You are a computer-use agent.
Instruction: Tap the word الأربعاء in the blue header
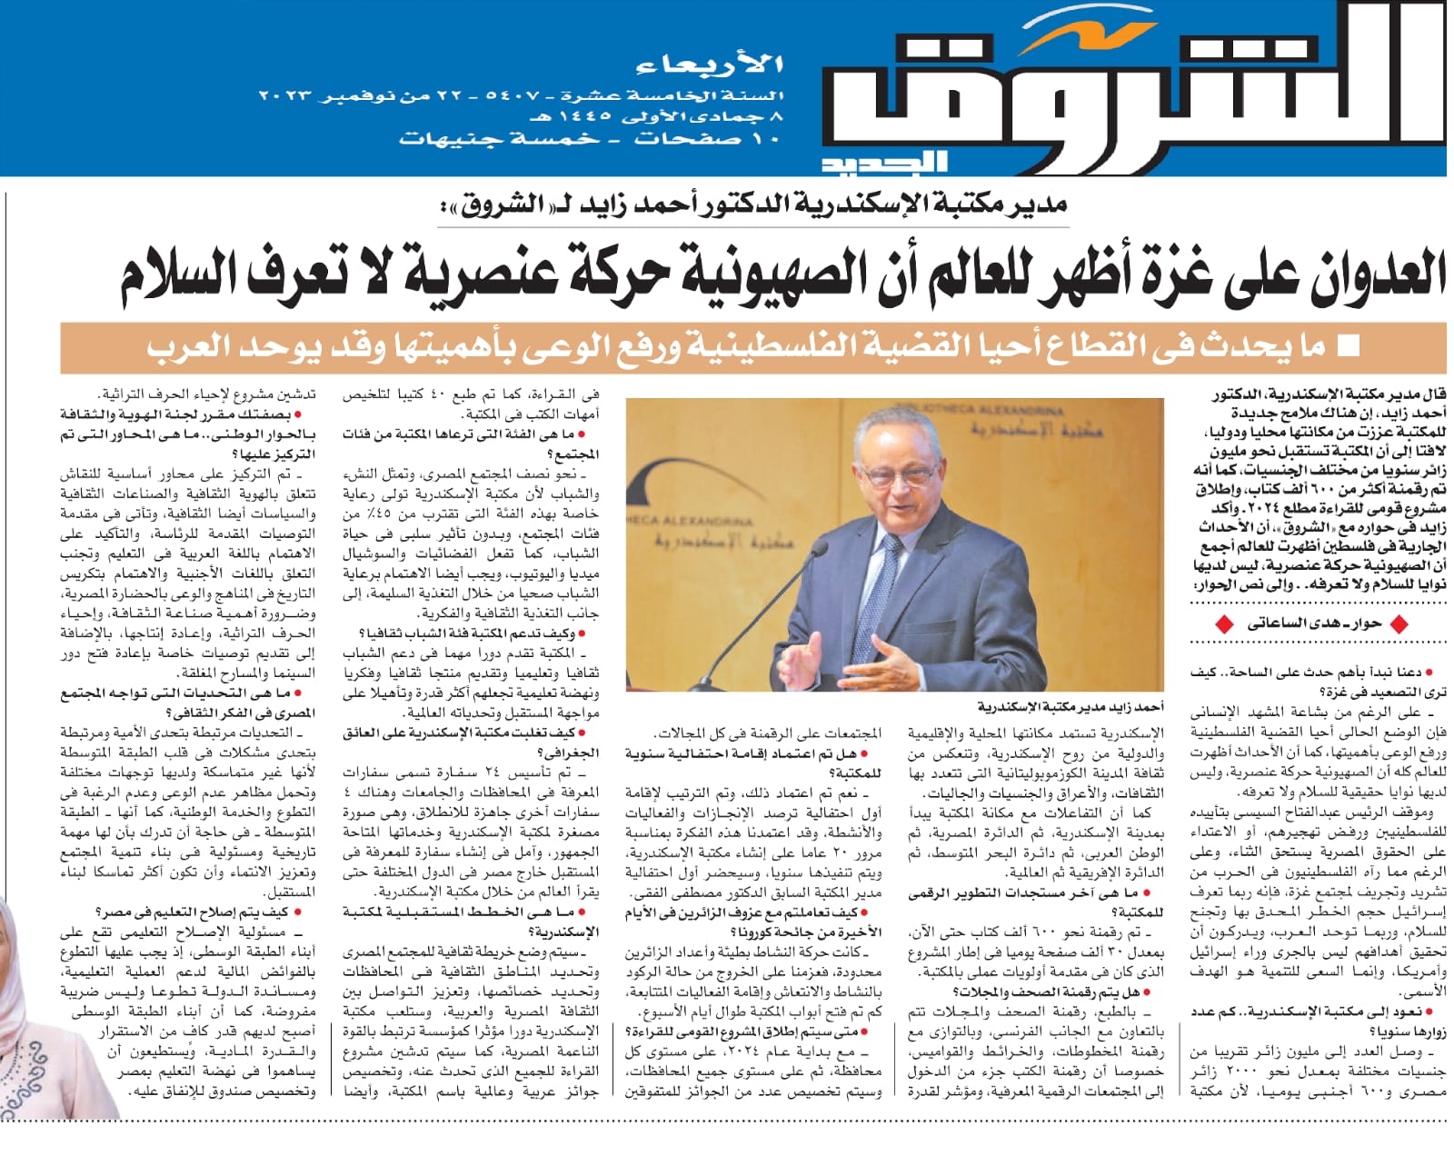(x=710, y=65)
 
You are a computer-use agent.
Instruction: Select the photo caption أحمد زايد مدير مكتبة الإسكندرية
(x=1071, y=706)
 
